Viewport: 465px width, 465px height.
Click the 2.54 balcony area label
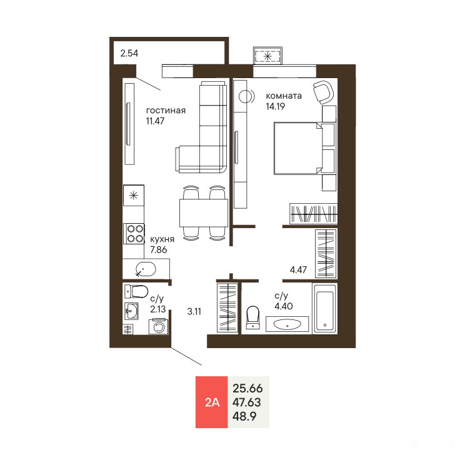[x=129, y=53]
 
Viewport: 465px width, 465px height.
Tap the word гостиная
[x=166, y=111]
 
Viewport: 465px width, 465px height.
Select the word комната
[x=284, y=96]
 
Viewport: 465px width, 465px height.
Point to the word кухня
[x=162, y=239]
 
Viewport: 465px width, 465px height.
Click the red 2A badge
[x=211, y=402]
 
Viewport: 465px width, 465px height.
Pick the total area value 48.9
[x=244, y=416]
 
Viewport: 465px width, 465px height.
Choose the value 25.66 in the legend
[x=247, y=388]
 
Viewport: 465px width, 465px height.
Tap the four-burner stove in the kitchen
[x=134, y=234]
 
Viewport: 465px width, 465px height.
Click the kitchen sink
[x=146, y=269]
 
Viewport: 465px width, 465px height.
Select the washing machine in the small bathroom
[x=159, y=326]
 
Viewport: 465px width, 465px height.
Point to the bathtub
[x=325, y=309]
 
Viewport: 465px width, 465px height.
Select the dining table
[x=204, y=213]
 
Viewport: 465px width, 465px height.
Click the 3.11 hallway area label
[x=194, y=311]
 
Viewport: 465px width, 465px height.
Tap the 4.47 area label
[x=298, y=270]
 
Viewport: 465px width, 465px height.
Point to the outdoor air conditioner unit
[x=267, y=56]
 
